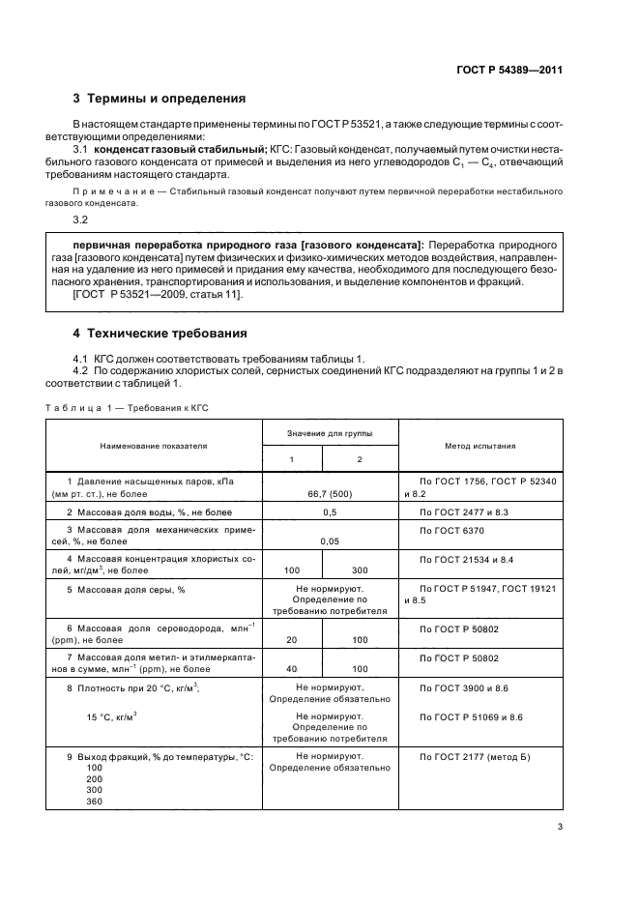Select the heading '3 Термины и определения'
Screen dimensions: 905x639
(160, 99)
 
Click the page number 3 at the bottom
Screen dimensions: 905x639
(560, 826)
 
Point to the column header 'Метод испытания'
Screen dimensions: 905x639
(479, 446)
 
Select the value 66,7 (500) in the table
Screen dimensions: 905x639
(330, 493)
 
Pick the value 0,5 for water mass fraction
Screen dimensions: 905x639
(330, 511)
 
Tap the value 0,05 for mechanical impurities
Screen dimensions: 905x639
(330, 542)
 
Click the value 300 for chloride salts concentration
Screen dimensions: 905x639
(360, 571)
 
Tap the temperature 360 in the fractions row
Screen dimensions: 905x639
(94, 802)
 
